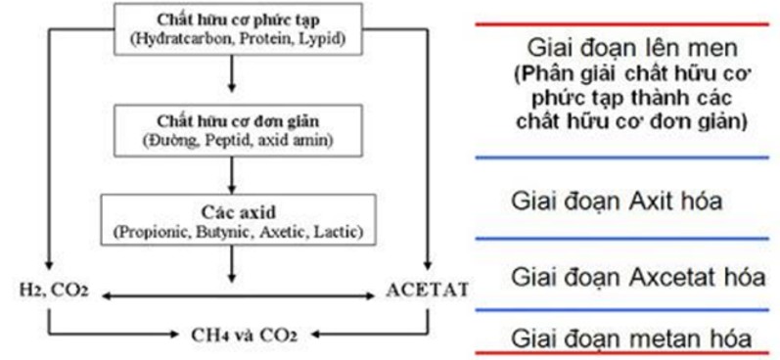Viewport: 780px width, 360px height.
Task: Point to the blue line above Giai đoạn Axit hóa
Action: (625, 157)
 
